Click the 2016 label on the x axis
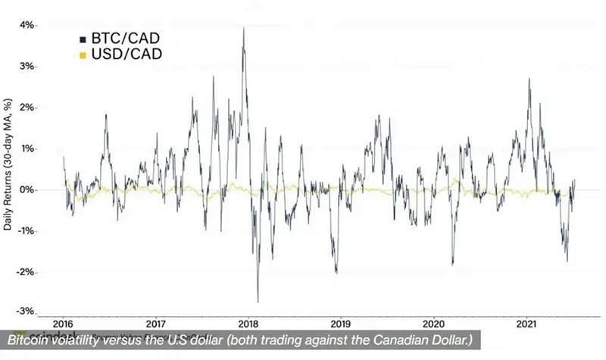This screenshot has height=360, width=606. click(63, 321)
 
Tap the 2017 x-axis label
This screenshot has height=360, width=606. click(155, 321)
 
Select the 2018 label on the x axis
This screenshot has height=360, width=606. click(248, 321)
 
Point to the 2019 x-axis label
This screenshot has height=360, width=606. click(340, 321)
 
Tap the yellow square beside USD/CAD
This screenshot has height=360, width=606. click(82, 55)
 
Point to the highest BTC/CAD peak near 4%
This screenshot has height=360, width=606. click(243, 28)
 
